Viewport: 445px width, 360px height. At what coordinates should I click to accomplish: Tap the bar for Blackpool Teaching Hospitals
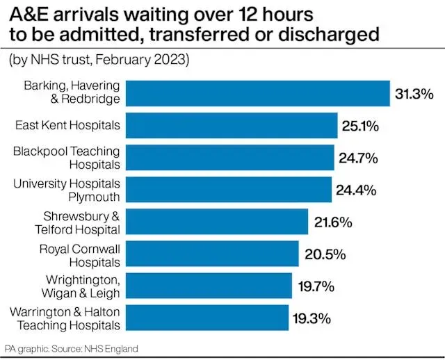pyautogui.click(x=230, y=158)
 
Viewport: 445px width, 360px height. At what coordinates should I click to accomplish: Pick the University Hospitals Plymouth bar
pyautogui.click(x=229, y=190)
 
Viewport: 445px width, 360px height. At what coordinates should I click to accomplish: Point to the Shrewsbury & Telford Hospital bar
pyautogui.click(x=218, y=222)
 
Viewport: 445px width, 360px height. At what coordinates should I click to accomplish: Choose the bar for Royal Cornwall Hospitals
pyautogui.click(x=213, y=254)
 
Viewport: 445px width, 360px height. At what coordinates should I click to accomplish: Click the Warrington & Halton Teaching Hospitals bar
pyautogui.click(x=208, y=318)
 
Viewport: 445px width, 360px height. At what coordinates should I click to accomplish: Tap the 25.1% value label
pyautogui.click(x=360, y=126)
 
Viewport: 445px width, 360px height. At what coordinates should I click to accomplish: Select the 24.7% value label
pyautogui.click(x=358, y=158)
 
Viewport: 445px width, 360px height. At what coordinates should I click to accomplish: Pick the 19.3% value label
pyautogui.click(x=311, y=319)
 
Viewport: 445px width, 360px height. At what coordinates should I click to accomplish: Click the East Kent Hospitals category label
pyautogui.click(x=67, y=126)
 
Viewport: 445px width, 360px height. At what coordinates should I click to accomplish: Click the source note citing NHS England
pyautogui.click(x=72, y=348)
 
